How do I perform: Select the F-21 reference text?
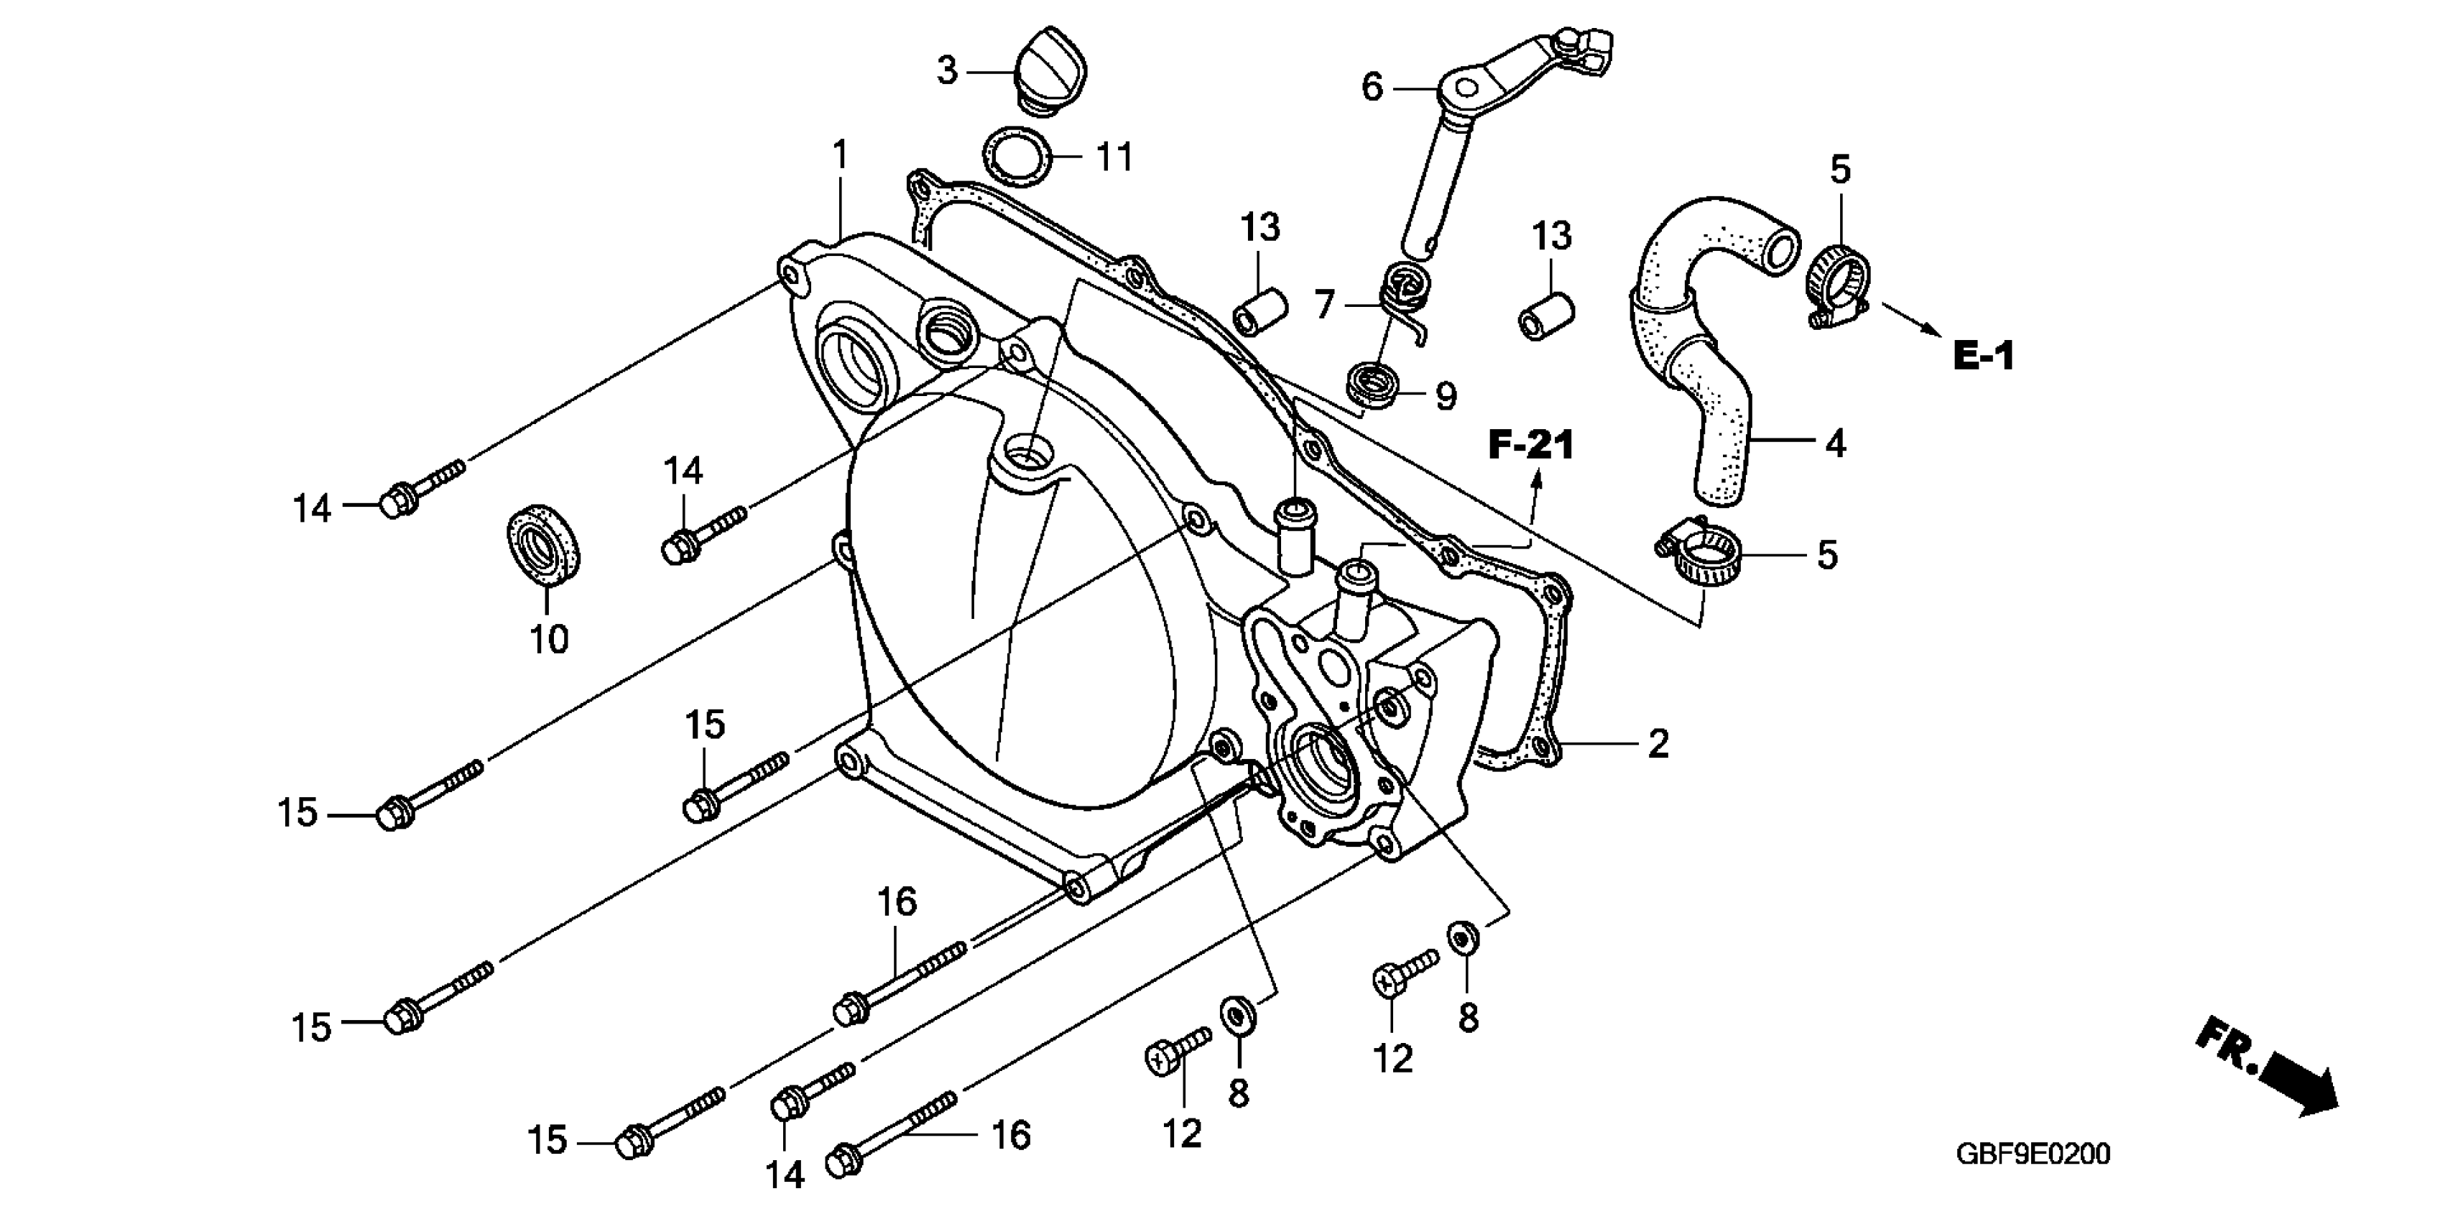point(1531,446)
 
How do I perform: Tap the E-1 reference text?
point(1983,356)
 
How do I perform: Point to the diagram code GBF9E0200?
point(2032,1154)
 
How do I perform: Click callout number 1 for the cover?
point(839,154)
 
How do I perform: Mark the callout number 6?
point(1372,88)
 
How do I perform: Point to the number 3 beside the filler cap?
point(946,71)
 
